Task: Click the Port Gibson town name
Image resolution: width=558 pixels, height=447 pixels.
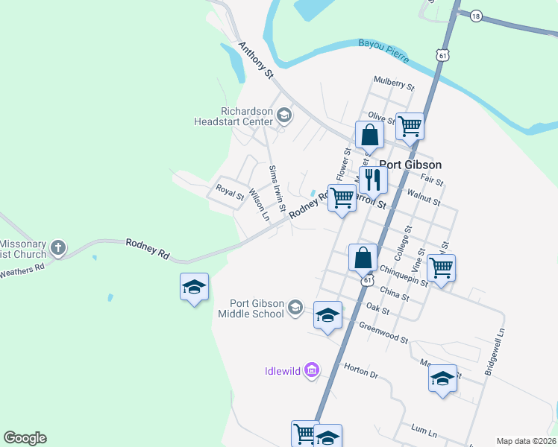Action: [410, 165]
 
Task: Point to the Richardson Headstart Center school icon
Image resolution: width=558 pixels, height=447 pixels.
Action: [283, 115]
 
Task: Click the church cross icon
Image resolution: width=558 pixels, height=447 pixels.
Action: [59, 247]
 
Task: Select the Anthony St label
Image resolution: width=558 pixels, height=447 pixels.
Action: [256, 60]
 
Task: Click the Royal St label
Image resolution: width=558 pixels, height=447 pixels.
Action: [230, 191]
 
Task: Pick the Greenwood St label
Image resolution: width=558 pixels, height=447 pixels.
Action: [383, 332]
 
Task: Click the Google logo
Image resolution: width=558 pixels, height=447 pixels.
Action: [25, 438]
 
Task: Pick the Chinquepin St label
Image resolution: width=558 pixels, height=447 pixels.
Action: [403, 276]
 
